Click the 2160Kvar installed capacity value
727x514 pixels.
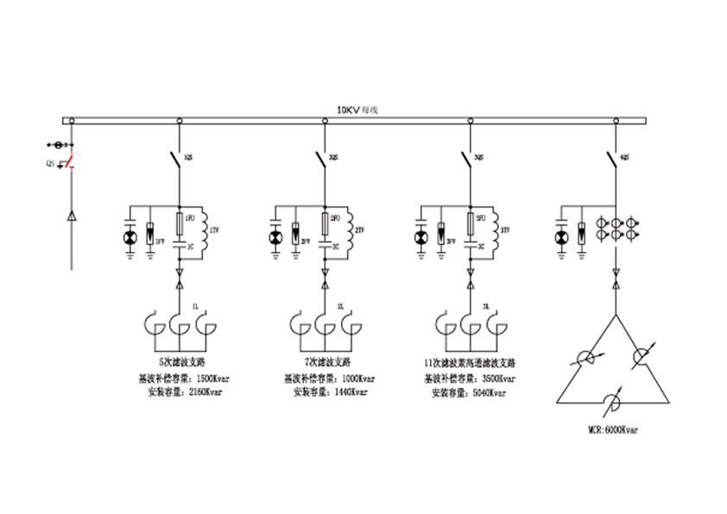click(205, 392)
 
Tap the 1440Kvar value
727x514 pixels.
click(351, 392)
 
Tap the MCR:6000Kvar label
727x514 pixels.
click(615, 428)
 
